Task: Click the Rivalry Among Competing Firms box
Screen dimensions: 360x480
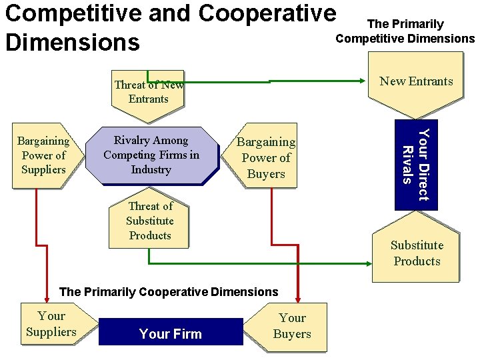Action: coord(151,155)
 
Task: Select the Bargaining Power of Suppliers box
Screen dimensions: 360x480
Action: coord(43,155)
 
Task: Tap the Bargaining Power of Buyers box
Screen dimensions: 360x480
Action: coord(266,158)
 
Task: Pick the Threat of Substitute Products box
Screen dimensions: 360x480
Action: coord(149,221)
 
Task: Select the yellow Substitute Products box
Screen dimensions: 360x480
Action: coord(416,253)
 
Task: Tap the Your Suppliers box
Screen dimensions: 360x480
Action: coord(51,324)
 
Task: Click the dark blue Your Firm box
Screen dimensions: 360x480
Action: coord(171,333)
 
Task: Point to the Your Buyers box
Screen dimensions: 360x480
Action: coord(291,326)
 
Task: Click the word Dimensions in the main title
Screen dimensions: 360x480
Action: coord(72,41)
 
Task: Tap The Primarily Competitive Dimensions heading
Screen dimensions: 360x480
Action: coord(405,31)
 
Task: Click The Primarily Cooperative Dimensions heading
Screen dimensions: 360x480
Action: coord(169,292)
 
